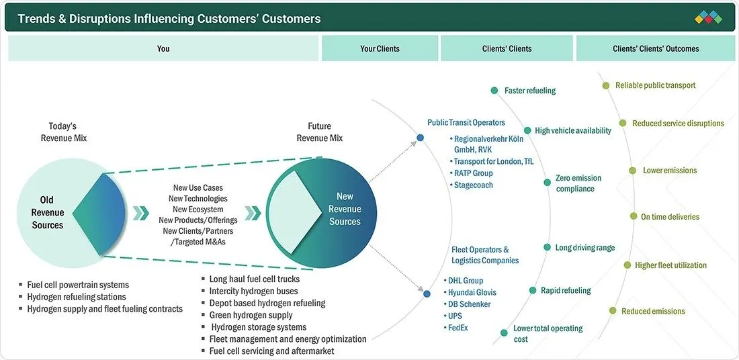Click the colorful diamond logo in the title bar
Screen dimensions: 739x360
point(708,17)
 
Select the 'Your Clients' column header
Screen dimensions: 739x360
point(380,48)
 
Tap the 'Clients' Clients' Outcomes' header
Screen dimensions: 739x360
point(656,48)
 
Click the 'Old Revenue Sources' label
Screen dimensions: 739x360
point(48,212)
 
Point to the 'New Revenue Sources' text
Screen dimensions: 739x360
point(345,209)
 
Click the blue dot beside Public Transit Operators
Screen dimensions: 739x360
point(421,138)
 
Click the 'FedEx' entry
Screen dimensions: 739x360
point(457,328)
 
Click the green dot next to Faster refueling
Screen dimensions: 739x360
point(494,91)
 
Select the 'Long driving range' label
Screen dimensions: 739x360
point(585,247)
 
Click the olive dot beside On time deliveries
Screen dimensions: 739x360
point(634,216)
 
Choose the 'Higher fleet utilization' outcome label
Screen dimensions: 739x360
point(670,265)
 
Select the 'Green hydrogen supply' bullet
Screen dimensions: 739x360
point(247,315)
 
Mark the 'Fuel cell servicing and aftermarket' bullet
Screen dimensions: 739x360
point(267,351)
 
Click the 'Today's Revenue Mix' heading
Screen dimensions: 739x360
point(63,132)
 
